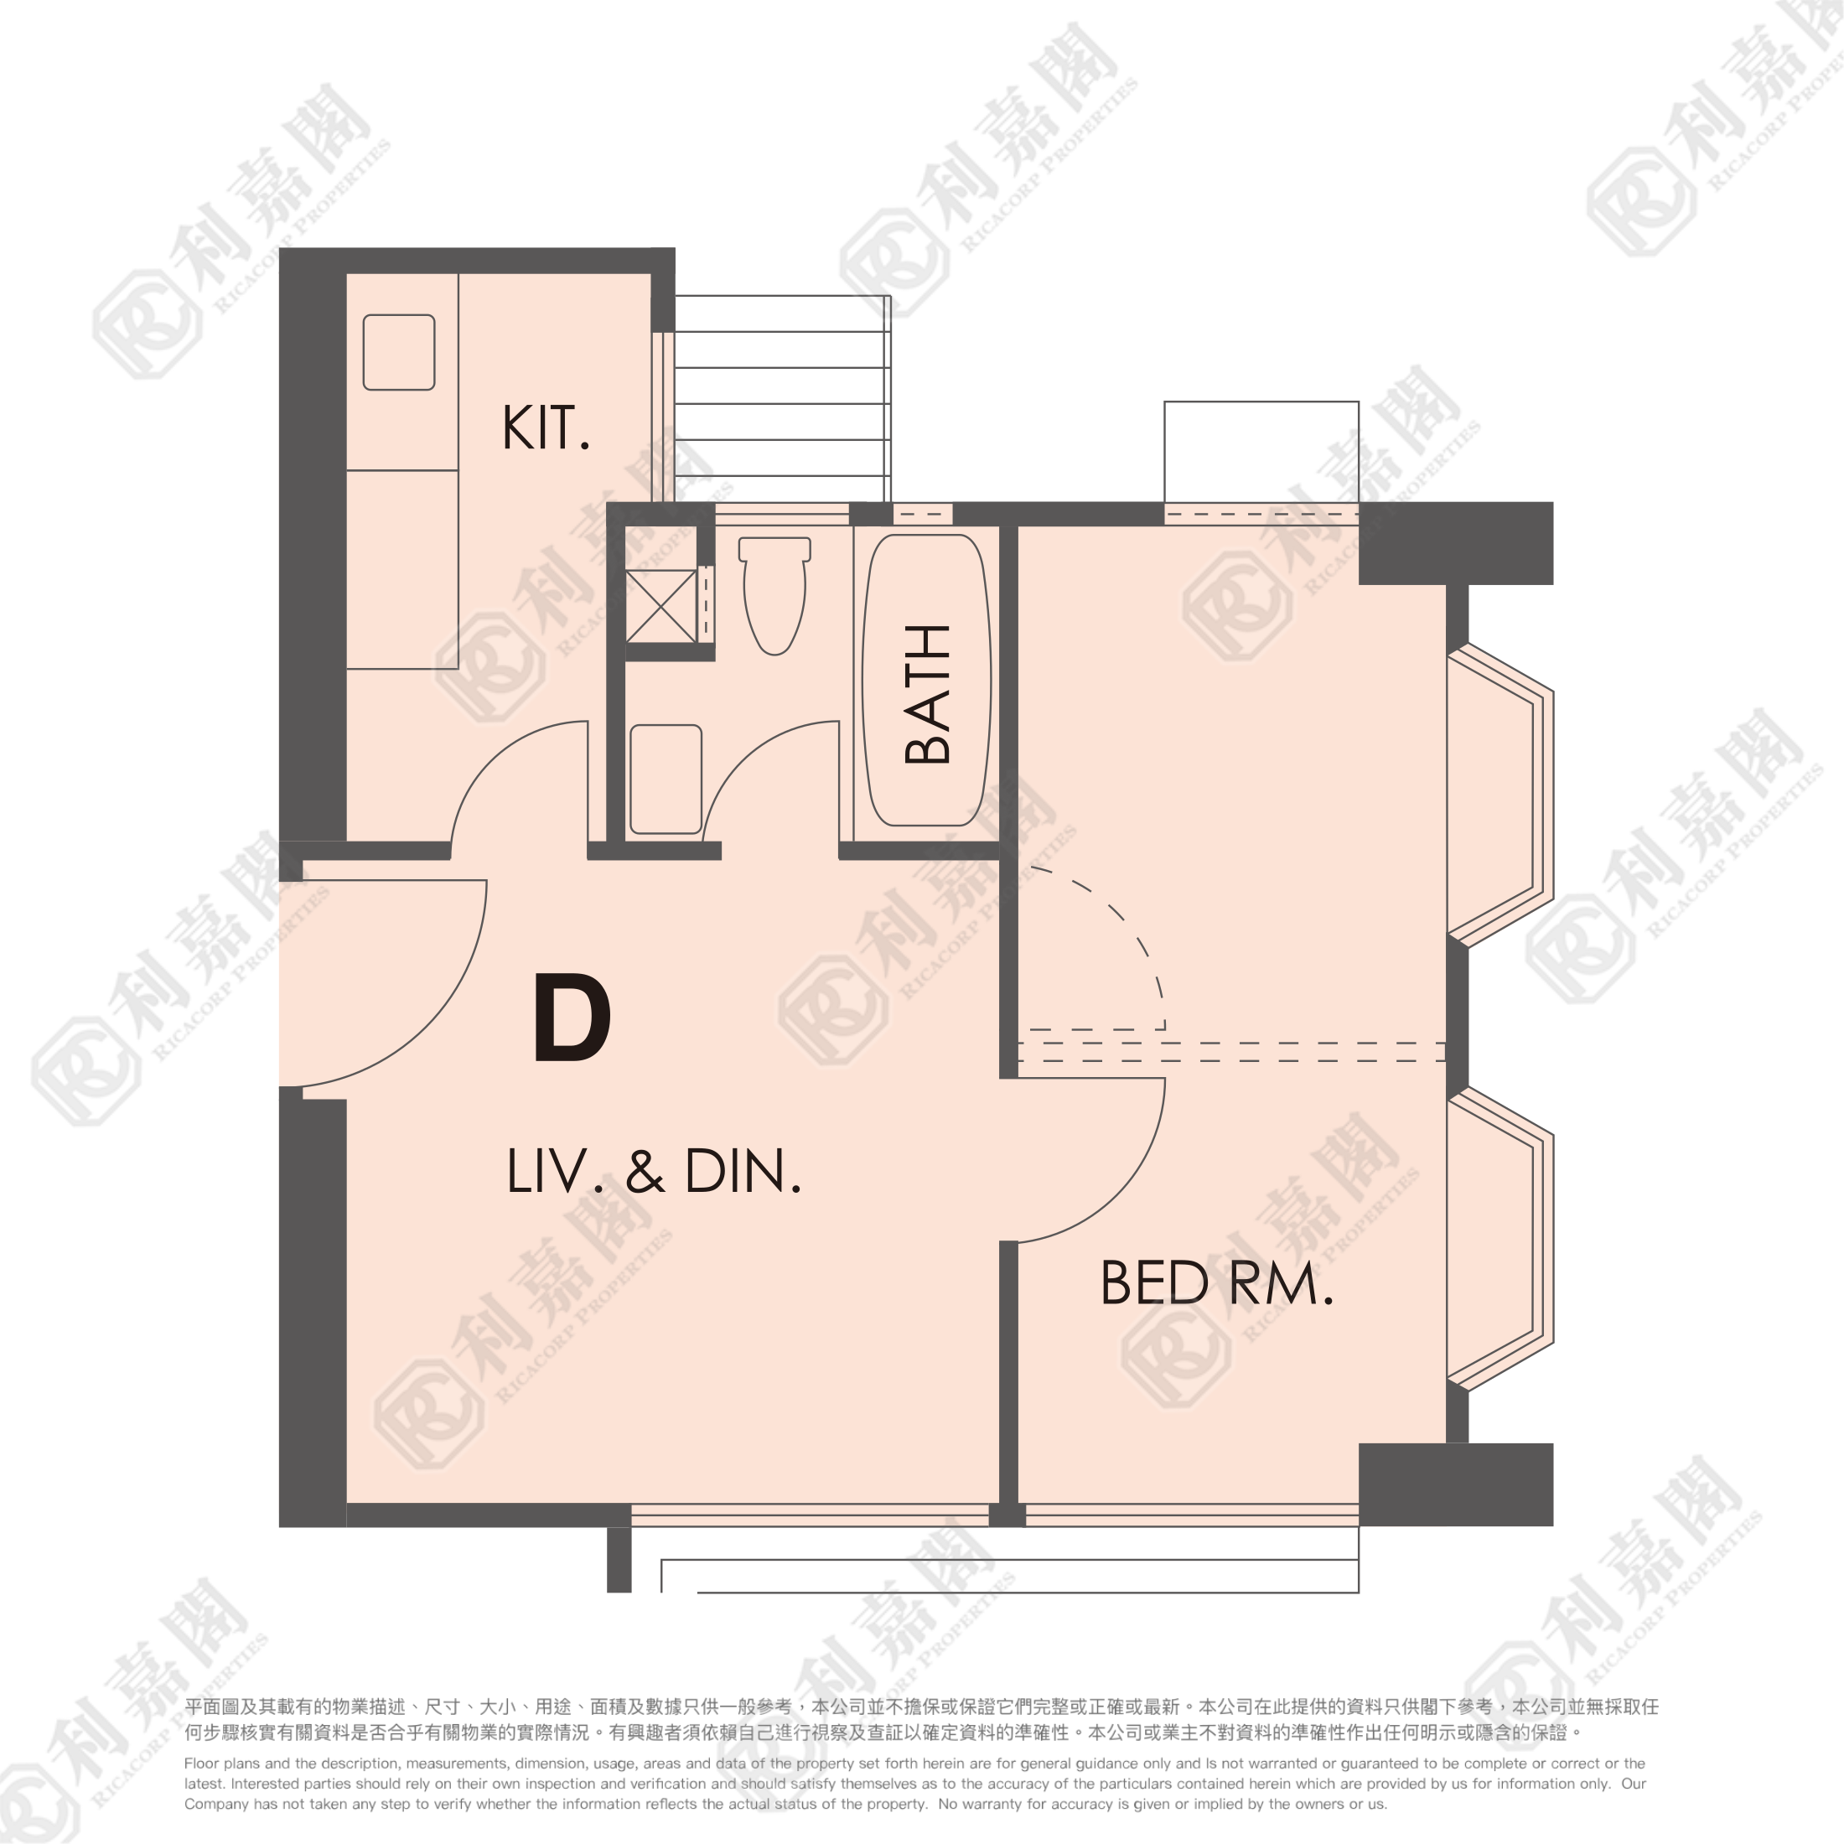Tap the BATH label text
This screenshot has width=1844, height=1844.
click(927, 694)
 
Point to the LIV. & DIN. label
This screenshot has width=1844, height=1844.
click(654, 1171)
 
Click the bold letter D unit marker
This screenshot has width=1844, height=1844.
click(572, 1018)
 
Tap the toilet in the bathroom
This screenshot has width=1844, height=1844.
click(774, 596)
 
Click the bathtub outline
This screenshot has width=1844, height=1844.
click(926, 680)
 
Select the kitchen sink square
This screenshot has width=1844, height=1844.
click(399, 352)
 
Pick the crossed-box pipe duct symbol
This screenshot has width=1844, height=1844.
click(660, 606)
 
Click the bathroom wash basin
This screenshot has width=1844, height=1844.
click(666, 779)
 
